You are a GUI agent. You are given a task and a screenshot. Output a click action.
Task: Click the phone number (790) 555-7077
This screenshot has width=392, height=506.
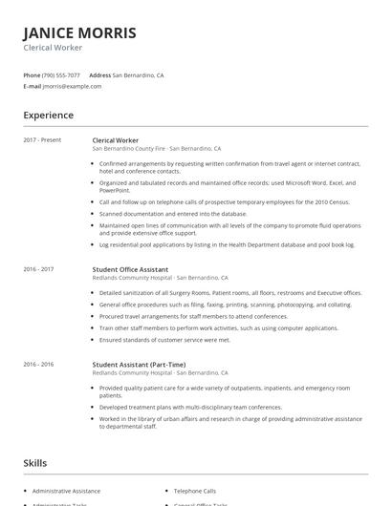click(61, 74)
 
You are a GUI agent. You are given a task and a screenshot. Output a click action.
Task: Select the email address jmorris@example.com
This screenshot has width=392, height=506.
click(72, 86)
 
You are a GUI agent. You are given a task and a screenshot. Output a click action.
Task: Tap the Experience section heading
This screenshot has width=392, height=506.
click(48, 116)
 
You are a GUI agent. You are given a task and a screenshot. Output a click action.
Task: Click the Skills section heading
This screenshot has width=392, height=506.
click(34, 463)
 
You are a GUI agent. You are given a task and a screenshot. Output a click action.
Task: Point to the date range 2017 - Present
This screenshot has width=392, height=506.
click(42, 139)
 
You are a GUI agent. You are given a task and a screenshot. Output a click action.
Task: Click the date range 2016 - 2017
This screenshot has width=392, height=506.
click(38, 269)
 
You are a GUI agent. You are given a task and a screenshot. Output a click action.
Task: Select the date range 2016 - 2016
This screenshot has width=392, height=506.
click(38, 364)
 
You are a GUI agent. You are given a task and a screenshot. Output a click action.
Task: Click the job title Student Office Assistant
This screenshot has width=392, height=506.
click(130, 269)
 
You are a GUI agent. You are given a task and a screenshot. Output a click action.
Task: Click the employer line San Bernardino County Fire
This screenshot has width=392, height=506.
click(156, 149)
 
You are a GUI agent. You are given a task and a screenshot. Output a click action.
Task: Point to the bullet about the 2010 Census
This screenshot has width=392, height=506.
click(224, 202)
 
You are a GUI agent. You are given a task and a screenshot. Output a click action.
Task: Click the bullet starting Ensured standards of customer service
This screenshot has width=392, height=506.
click(164, 339)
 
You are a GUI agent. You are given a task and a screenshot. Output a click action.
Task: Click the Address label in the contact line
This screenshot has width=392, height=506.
click(99, 74)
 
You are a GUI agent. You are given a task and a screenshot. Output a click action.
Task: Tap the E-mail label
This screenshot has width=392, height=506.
click(32, 86)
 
